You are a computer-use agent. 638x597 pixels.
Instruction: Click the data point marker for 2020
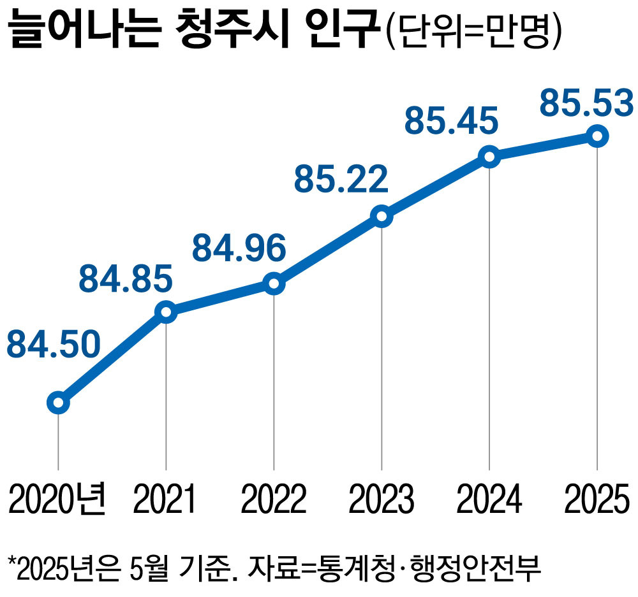tap(58, 403)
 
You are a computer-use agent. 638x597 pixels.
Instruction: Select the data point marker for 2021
tap(166, 312)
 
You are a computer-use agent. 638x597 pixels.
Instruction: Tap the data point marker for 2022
tap(274, 284)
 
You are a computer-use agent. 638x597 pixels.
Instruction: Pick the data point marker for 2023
tap(382, 217)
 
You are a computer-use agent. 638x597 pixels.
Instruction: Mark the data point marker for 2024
tap(489, 157)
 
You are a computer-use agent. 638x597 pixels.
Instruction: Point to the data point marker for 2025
tap(597, 136)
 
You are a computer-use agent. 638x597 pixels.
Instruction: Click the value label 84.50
tap(54, 345)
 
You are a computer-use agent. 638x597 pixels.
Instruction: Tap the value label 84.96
tap(239, 248)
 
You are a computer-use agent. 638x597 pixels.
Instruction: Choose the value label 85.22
tap(341, 180)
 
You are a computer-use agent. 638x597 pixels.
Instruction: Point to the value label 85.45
tap(451, 120)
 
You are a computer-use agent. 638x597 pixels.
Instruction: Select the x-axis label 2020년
tap(57, 499)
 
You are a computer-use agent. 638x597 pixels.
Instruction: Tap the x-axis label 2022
tap(273, 499)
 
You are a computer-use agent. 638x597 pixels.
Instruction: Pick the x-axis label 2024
tap(489, 499)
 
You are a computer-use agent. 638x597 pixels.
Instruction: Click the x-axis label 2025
tap(596, 499)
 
